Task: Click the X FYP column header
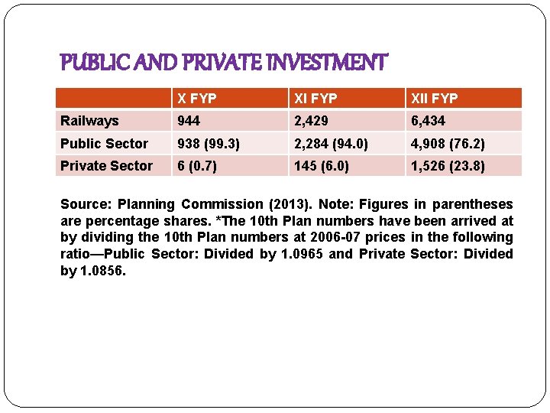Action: (x=197, y=99)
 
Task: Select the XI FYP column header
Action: (x=314, y=99)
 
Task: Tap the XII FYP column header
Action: (x=434, y=99)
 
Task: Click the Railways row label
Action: (x=89, y=121)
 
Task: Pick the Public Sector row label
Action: (x=104, y=144)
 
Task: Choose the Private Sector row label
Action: (x=106, y=166)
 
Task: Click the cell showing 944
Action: (x=189, y=121)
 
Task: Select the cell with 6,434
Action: (x=428, y=121)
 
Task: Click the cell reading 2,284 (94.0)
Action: (x=332, y=144)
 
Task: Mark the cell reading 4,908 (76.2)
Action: (x=448, y=144)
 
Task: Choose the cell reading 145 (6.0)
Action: (x=322, y=166)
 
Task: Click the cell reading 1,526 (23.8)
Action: (x=448, y=166)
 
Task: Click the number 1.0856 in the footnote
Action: (x=102, y=271)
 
